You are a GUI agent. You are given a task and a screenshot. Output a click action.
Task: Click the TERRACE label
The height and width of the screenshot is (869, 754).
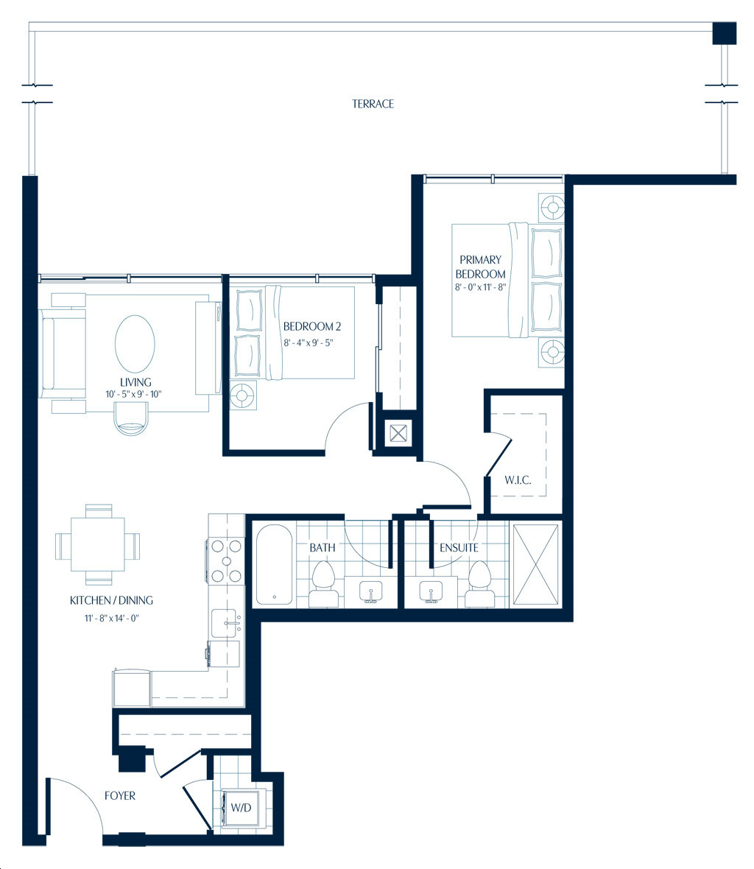(373, 104)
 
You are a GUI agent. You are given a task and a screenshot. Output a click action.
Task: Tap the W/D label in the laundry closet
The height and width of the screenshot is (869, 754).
(241, 807)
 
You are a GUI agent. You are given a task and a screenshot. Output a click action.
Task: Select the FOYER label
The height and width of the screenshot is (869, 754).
(120, 795)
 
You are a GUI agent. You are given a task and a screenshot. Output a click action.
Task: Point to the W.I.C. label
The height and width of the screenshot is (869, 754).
(518, 480)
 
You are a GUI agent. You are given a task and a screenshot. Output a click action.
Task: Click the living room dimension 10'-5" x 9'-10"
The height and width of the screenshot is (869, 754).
(133, 394)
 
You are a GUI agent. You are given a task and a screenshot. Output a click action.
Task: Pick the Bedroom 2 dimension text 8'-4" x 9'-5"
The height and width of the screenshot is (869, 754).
(308, 342)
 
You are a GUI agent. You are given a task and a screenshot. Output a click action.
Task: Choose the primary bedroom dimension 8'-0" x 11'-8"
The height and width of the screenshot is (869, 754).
(480, 287)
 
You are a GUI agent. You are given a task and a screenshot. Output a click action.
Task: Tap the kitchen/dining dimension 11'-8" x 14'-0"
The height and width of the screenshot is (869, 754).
(111, 617)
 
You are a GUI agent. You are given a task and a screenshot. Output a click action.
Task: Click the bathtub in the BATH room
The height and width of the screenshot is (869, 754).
(274, 565)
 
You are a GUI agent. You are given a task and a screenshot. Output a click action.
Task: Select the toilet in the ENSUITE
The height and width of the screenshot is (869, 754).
(479, 583)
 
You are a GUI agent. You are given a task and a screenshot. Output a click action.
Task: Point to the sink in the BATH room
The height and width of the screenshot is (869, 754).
(370, 592)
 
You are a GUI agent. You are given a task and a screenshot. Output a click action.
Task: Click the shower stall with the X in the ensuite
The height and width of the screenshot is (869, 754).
(535, 564)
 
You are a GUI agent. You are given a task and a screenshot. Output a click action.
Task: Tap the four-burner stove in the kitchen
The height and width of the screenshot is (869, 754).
(226, 561)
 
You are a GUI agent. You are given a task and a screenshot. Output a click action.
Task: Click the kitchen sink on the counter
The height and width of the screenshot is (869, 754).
(227, 622)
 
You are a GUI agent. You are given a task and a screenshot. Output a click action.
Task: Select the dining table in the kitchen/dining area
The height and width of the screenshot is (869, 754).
(97, 544)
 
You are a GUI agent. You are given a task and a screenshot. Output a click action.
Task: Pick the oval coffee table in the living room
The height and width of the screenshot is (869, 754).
(135, 344)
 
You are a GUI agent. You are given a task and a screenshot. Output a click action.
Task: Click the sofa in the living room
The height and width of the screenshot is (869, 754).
(62, 353)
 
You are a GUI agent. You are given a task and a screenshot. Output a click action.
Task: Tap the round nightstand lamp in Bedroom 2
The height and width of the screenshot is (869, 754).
(243, 395)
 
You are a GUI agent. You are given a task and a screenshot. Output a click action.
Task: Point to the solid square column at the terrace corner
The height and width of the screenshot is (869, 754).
(724, 33)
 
